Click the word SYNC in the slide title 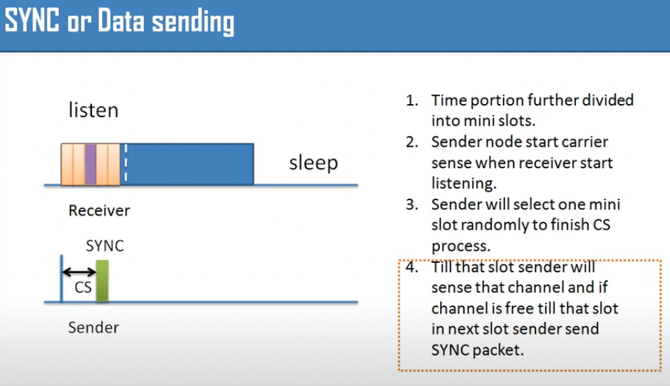(32, 20)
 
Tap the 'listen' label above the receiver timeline (93, 110)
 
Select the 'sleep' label (313, 163)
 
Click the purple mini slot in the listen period (90, 164)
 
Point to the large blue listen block (187, 164)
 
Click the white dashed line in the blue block (125, 164)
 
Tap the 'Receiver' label (99, 210)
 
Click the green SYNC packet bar (102, 281)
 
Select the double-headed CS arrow (79, 272)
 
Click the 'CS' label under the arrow (83, 287)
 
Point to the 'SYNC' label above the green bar (105, 246)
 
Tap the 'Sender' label (93, 327)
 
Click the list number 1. (412, 101)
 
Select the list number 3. (412, 204)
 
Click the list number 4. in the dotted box (412, 267)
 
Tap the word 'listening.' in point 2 (464, 184)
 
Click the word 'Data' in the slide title (121, 20)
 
